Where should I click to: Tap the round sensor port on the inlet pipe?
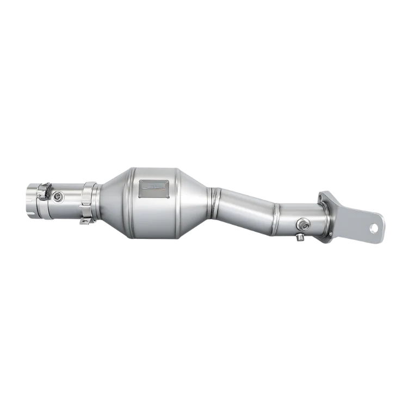[x=58, y=194]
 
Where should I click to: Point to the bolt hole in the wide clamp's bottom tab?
[x=85, y=220]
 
